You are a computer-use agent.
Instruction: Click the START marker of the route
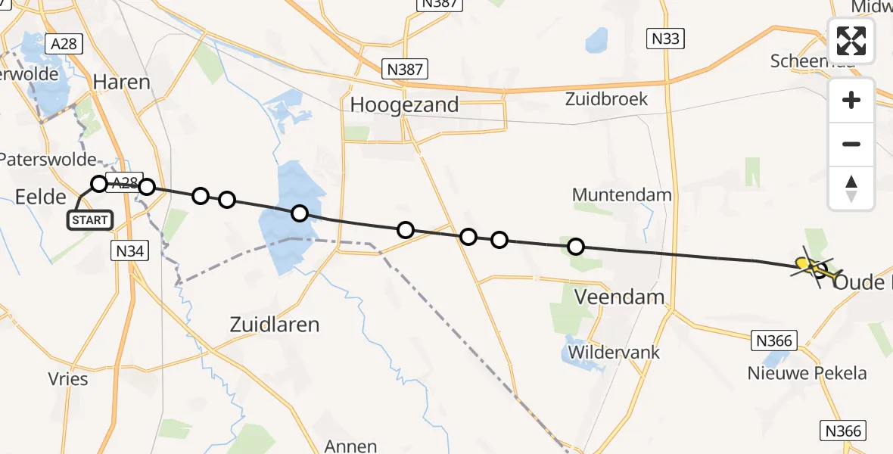click(91, 220)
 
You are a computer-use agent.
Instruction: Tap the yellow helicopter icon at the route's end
click(813, 266)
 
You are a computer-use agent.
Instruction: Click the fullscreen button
click(851, 41)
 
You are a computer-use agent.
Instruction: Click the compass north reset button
click(851, 188)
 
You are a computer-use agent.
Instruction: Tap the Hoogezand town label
click(404, 104)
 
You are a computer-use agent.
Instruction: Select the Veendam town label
click(620, 297)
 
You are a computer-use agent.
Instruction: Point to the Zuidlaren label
click(274, 325)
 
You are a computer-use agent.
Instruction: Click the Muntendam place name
click(622, 194)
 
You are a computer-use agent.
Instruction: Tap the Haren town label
click(121, 82)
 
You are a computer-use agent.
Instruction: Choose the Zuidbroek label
click(607, 99)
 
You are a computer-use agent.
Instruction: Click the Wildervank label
click(614, 353)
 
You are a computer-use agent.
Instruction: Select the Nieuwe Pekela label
click(807, 373)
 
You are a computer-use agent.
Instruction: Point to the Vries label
click(67, 380)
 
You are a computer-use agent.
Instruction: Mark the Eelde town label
click(41, 197)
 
